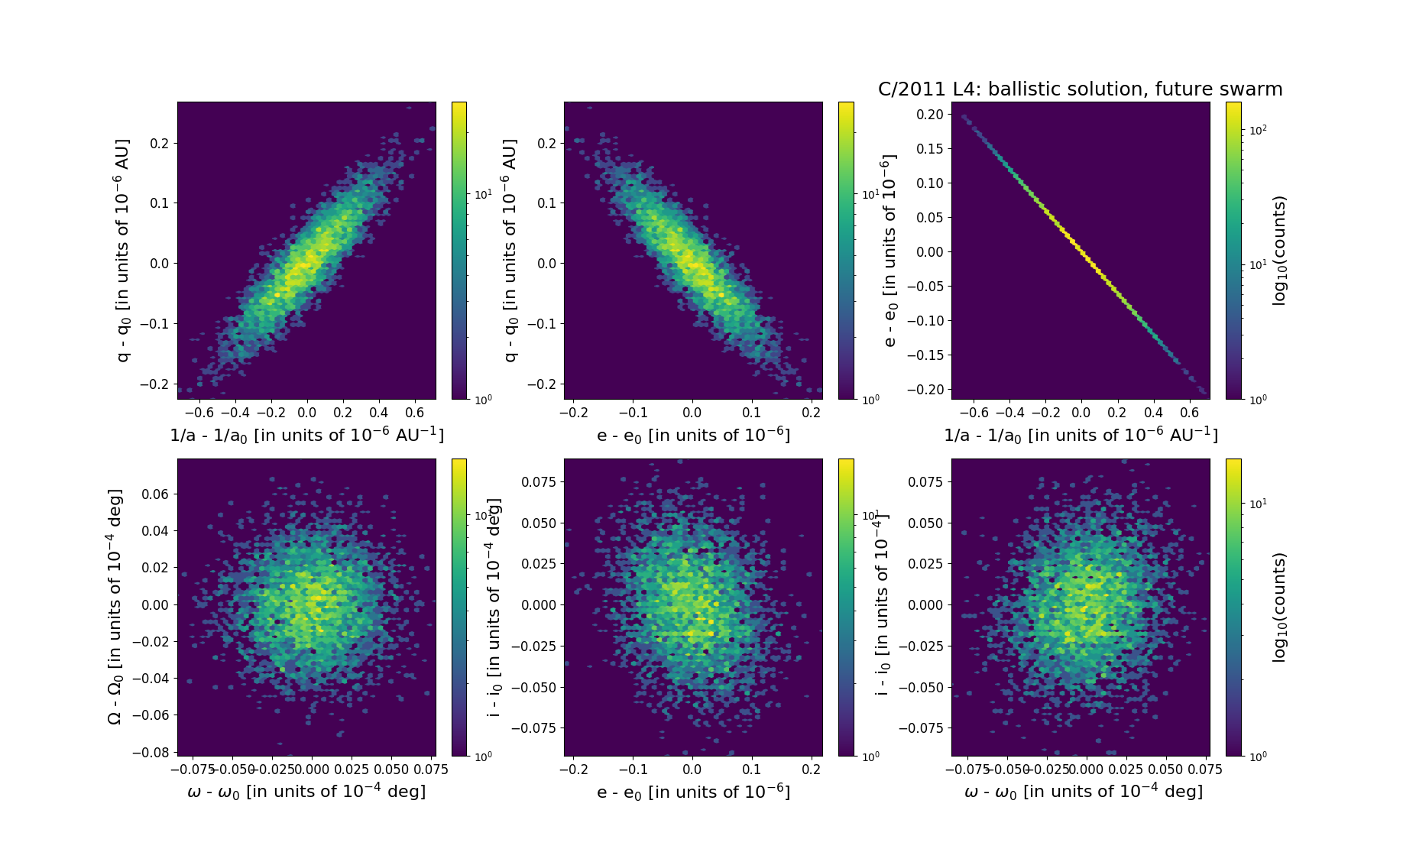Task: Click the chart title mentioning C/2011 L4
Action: point(1080,89)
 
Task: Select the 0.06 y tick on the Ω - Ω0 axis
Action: point(156,494)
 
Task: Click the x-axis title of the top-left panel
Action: point(306,435)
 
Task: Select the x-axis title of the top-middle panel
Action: point(693,435)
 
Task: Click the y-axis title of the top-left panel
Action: point(123,251)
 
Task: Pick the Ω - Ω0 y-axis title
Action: point(115,607)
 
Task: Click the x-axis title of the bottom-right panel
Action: point(1084,792)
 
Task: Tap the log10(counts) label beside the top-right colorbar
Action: point(1280,251)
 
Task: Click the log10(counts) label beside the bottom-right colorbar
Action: point(1280,607)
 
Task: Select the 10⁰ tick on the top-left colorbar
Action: point(484,399)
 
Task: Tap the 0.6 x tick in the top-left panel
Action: point(414,413)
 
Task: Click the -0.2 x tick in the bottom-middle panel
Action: point(574,770)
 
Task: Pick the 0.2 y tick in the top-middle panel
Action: point(546,143)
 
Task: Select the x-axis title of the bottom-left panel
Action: point(306,792)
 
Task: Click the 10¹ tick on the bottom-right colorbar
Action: point(1257,504)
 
